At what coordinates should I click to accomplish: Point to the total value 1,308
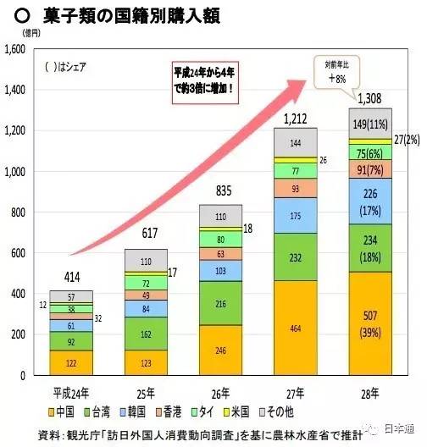coord(369,100)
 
